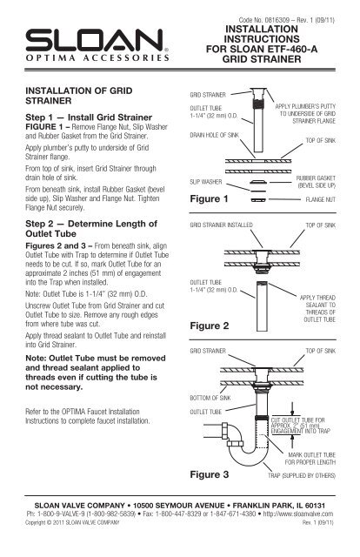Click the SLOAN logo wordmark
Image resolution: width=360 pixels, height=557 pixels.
pos(95,40)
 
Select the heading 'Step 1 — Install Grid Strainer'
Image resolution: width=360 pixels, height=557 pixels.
pos(89,117)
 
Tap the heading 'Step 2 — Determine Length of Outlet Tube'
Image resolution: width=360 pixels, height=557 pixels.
pos(91,229)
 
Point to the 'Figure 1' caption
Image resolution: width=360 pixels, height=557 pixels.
pos(209,198)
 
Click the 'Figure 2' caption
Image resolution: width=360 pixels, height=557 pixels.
pos(210,325)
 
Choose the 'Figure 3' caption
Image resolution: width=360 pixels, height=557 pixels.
pos(210,474)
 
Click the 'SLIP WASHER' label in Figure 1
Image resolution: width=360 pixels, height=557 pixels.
pos(206,182)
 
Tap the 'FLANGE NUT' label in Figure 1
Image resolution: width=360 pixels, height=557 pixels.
pos(321,199)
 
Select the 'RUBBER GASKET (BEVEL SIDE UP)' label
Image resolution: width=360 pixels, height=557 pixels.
pos(316,182)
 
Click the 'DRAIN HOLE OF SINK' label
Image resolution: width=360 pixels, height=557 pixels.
pos(215,135)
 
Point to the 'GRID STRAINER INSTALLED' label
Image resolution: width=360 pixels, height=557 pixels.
pos(221,225)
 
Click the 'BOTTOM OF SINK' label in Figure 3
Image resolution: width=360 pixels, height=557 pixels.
pos(210,398)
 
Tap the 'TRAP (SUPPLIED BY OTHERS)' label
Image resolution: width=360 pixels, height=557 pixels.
pos(302,475)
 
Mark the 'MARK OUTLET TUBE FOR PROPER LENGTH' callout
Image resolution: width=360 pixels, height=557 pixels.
pos(310,459)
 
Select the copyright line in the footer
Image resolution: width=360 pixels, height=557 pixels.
pos(72,522)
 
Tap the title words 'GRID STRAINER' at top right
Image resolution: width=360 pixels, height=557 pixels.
pos(262,59)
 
